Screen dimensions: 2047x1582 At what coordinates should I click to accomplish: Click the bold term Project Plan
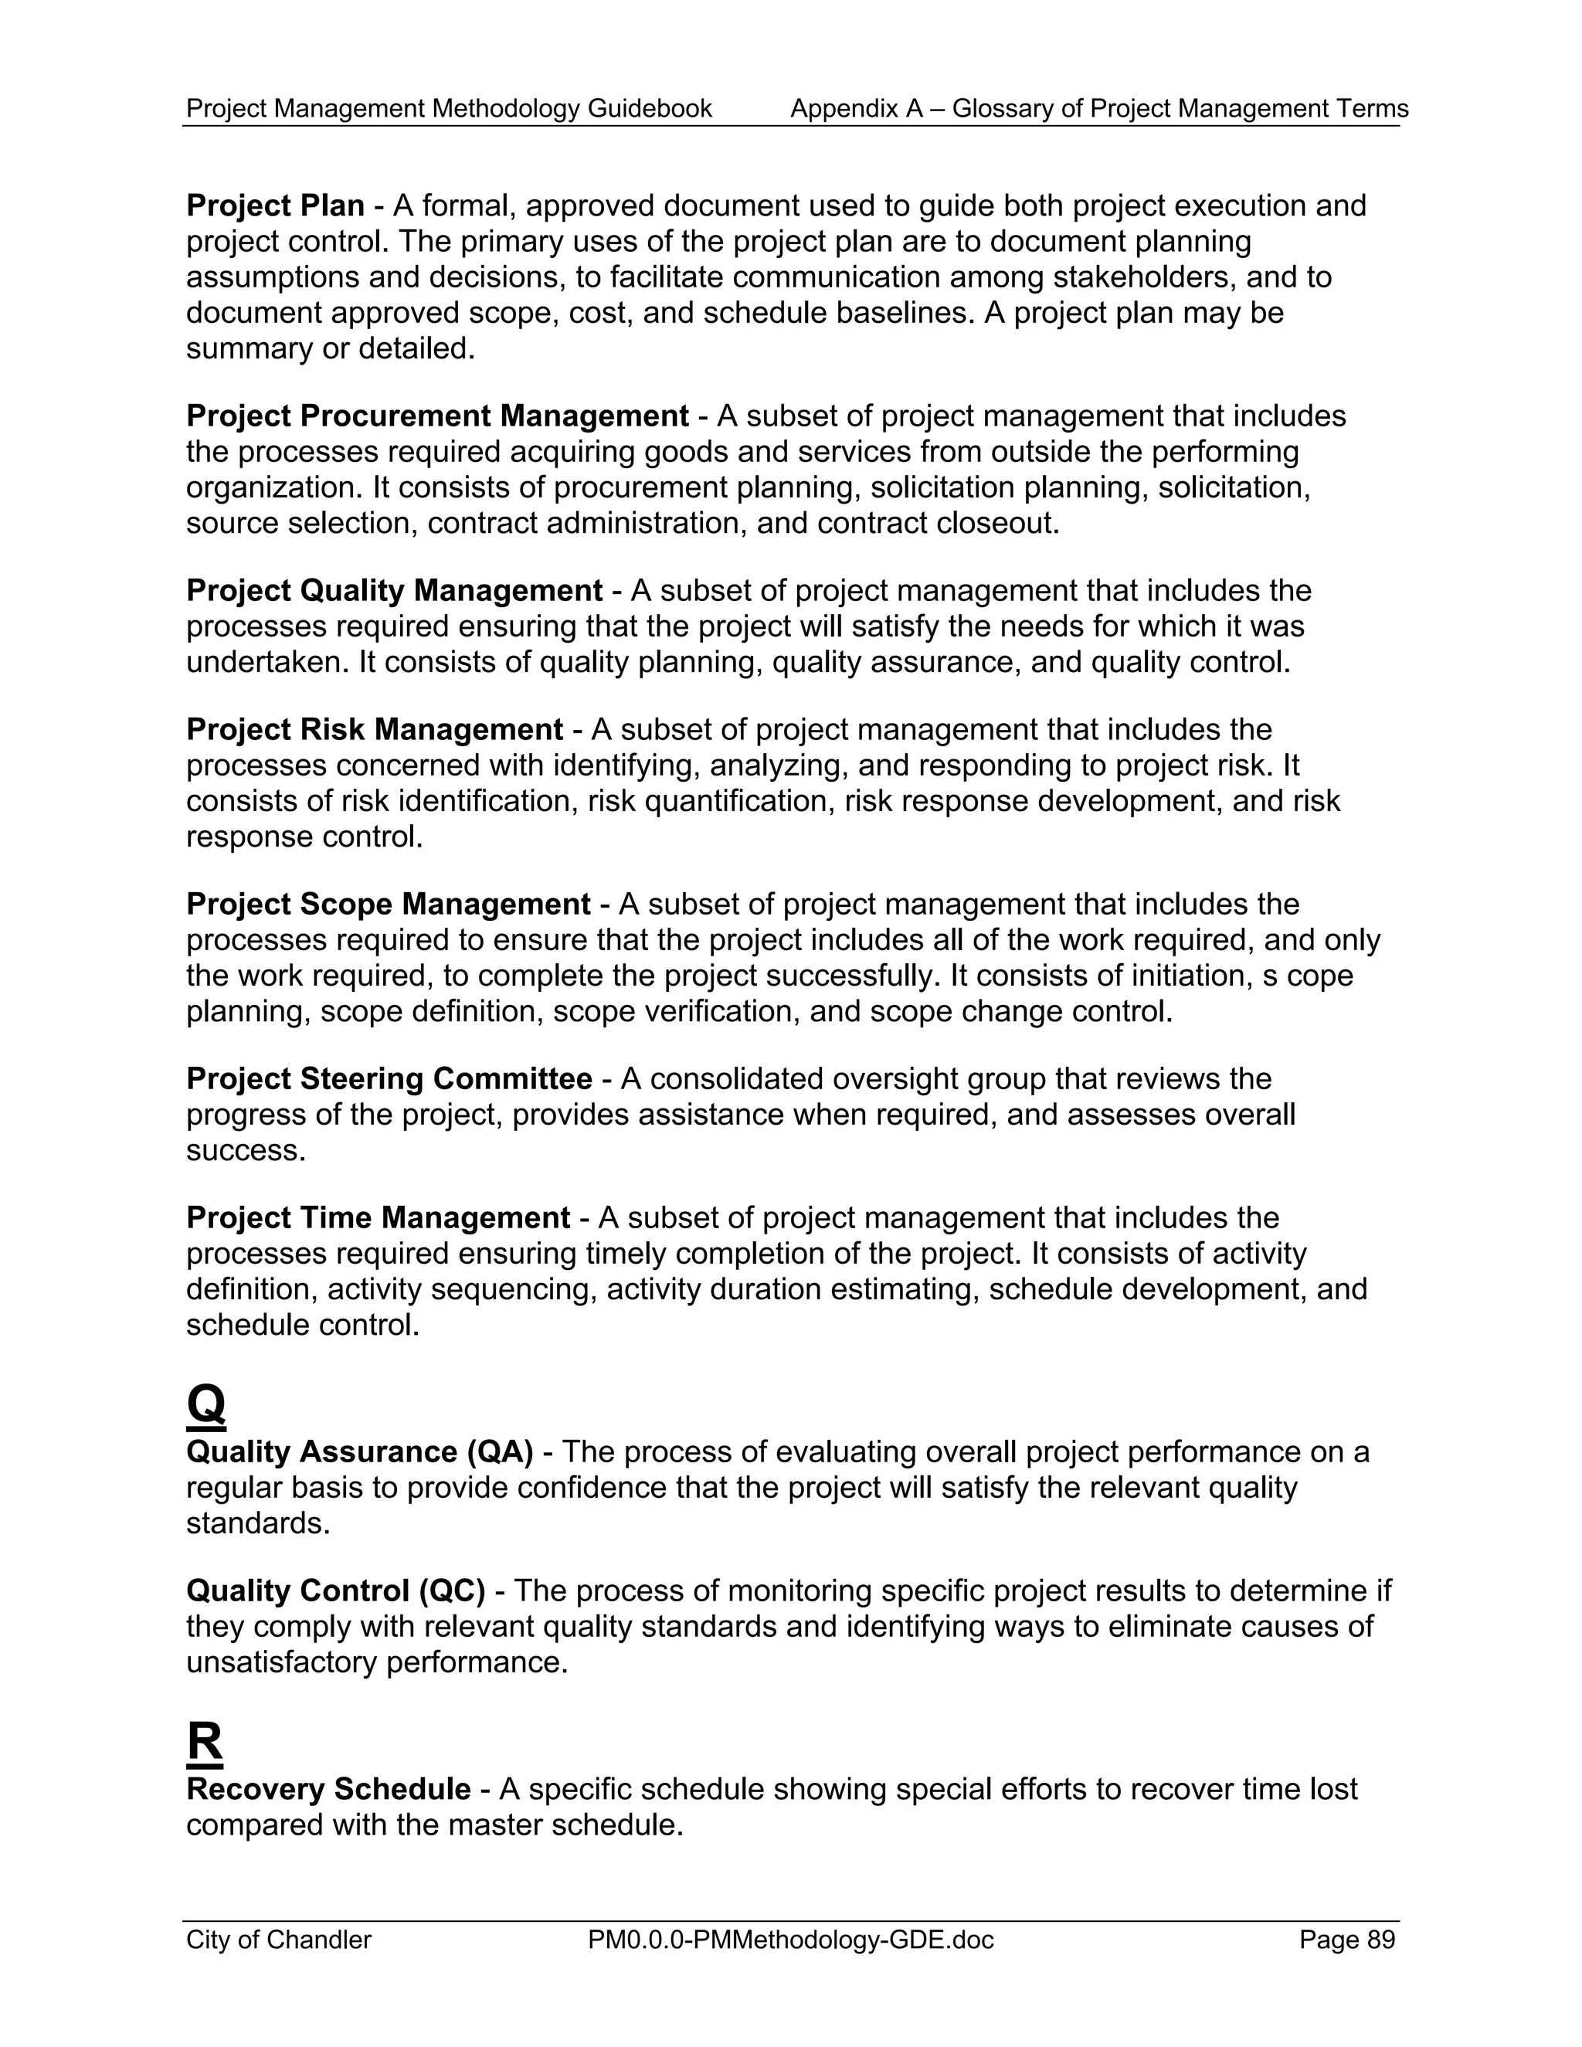pos(274,206)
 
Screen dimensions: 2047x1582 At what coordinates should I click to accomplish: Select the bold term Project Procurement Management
pos(436,416)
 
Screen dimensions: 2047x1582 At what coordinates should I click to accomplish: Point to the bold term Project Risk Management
pos(374,730)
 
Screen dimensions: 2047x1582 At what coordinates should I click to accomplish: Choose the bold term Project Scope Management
pos(388,905)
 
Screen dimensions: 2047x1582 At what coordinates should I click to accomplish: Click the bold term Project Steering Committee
pos(389,1079)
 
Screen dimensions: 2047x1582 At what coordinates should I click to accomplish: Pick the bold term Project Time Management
pos(378,1218)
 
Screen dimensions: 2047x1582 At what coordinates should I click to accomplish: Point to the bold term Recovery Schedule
pos(328,1789)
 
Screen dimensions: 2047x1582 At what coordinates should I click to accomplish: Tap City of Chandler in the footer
pos(278,1940)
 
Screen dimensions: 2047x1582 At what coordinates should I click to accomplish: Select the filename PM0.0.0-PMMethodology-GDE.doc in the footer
pos(790,1940)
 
